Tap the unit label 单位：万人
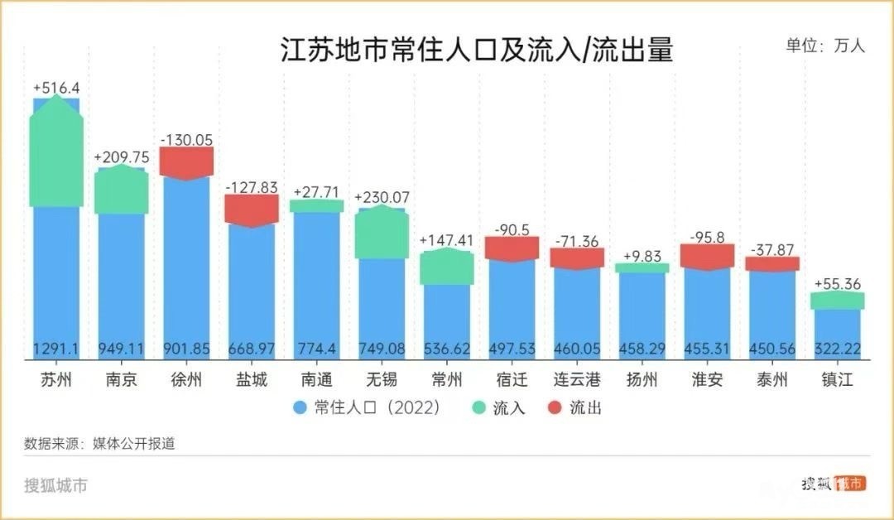click(x=825, y=46)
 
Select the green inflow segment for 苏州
click(x=56, y=153)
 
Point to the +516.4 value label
click(x=56, y=87)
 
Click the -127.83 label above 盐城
click(x=251, y=187)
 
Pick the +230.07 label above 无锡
click(x=382, y=198)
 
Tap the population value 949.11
click(x=121, y=349)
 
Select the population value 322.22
click(x=838, y=349)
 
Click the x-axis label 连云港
click(x=577, y=381)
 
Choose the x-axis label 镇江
click(x=838, y=381)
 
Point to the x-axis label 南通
click(x=316, y=381)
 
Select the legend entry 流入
click(x=499, y=407)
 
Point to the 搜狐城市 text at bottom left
click(x=56, y=485)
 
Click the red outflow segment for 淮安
click(x=707, y=256)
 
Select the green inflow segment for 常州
click(x=446, y=267)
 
